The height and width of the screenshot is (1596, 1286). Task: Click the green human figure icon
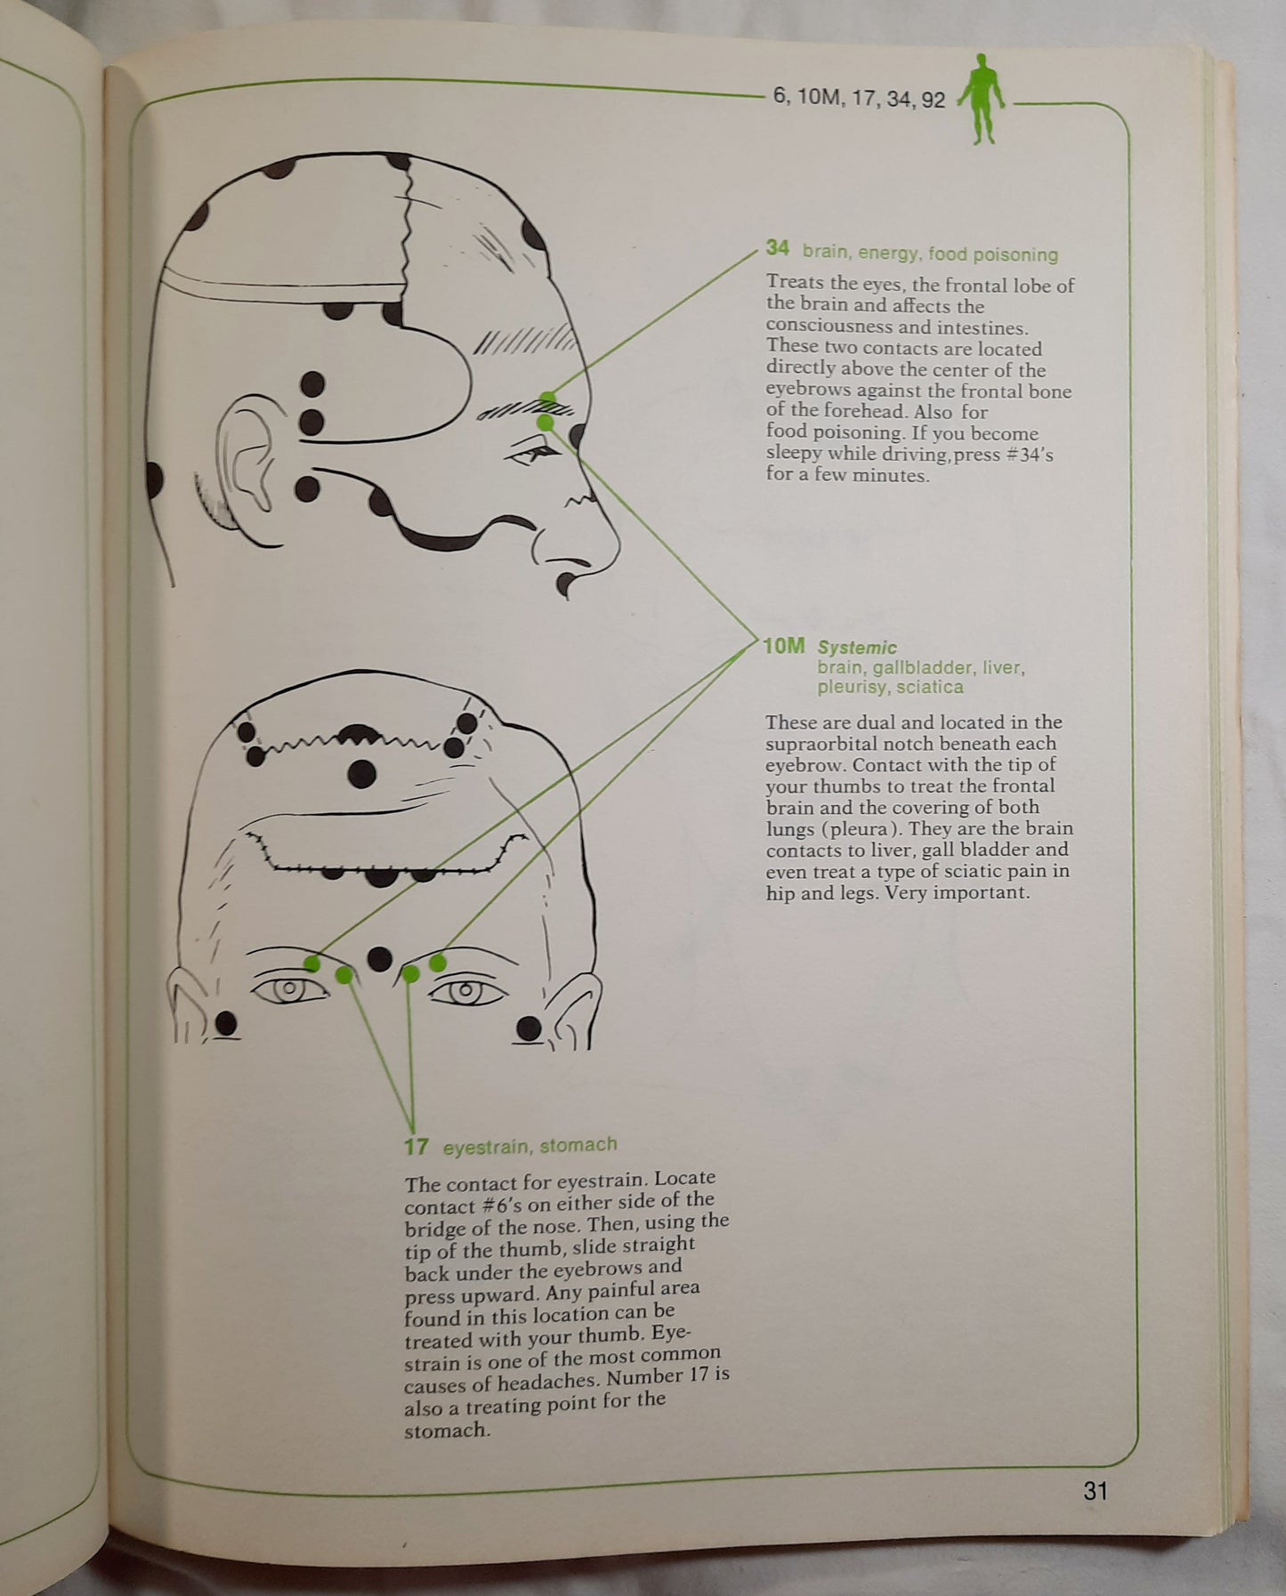982,99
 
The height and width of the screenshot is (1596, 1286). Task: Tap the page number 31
1095,1490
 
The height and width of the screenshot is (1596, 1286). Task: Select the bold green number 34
777,248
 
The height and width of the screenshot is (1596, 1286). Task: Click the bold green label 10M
784,646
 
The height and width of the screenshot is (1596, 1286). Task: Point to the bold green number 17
416,1146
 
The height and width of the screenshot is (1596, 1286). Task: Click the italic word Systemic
857,648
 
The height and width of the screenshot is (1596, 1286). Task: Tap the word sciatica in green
930,687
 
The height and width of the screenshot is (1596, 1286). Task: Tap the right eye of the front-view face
465,989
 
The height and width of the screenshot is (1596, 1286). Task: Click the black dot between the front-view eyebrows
380,958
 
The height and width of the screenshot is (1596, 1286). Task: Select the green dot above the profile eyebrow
548,398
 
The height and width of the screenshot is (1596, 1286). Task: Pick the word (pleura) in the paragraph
845,829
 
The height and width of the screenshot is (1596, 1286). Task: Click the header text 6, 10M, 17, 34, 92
859,98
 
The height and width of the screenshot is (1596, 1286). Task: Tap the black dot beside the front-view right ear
529,1029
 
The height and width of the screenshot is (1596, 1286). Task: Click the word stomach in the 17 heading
578,1145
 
